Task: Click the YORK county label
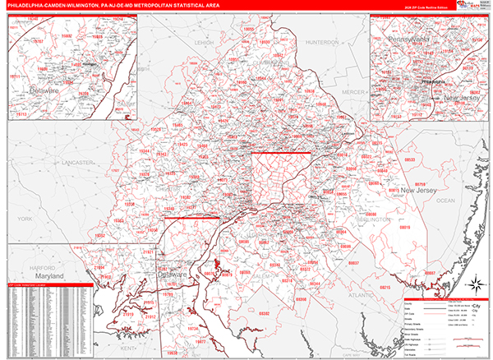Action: [25, 219]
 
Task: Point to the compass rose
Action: [474, 285]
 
